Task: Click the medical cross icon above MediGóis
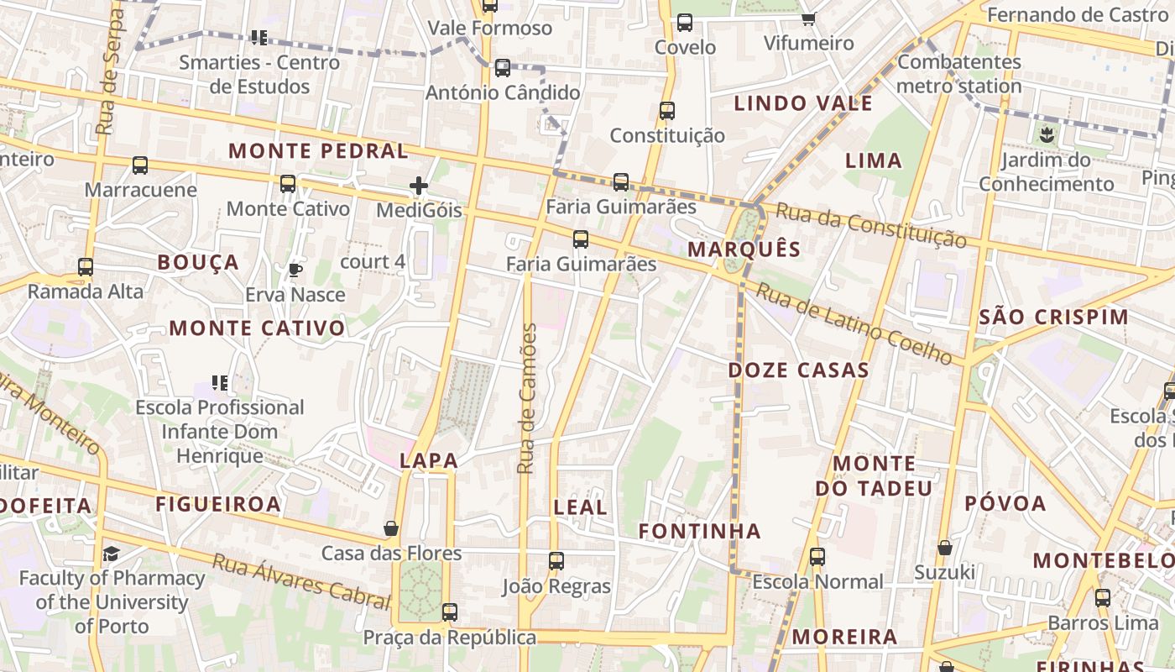tap(419, 186)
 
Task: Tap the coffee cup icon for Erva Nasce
tap(295, 270)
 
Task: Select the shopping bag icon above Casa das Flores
tap(390, 528)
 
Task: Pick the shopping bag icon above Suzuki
tap(944, 548)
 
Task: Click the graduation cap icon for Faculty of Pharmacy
tap(111, 554)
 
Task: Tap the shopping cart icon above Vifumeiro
tap(808, 18)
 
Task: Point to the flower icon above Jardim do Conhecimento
tap(1046, 134)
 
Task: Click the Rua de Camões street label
tap(526, 398)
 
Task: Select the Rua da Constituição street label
tap(870, 224)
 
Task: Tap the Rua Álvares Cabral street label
tap(301, 580)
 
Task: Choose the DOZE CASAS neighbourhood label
tap(798, 370)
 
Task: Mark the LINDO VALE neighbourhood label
tap(803, 103)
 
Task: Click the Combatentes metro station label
tap(959, 74)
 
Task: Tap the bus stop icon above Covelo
tap(685, 23)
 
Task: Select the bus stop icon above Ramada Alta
tap(86, 267)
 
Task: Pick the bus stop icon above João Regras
tap(556, 561)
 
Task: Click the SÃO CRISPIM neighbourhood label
tap(1054, 317)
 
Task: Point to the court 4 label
tap(373, 261)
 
